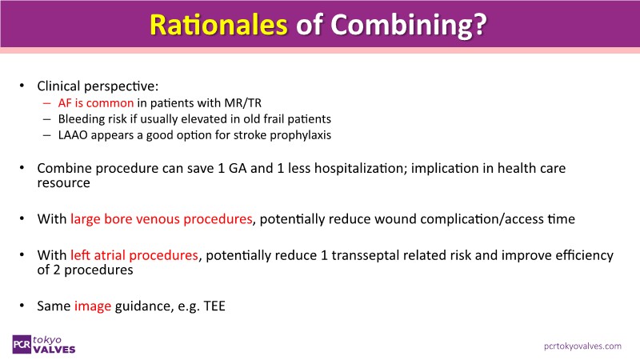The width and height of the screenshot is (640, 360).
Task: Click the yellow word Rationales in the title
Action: (x=218, y=25)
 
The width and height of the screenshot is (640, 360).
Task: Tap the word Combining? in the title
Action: (x=409, y=26)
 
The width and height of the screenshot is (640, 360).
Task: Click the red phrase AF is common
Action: (x=96, y=103)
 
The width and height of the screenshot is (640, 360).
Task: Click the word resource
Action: (x=63, y=183)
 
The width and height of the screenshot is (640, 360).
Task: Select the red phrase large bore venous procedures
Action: (x=162, y=219)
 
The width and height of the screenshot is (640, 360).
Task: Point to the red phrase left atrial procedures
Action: (x=134, y=255)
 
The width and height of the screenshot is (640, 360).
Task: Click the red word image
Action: (x=93, y=306)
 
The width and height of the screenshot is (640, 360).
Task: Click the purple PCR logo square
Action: (x=22, y=345)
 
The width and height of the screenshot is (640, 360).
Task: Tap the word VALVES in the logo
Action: (x=54, y=350)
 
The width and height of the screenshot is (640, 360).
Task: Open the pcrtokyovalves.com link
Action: (x=582, y=346)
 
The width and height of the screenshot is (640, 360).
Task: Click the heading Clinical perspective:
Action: (x=98, y=86)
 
